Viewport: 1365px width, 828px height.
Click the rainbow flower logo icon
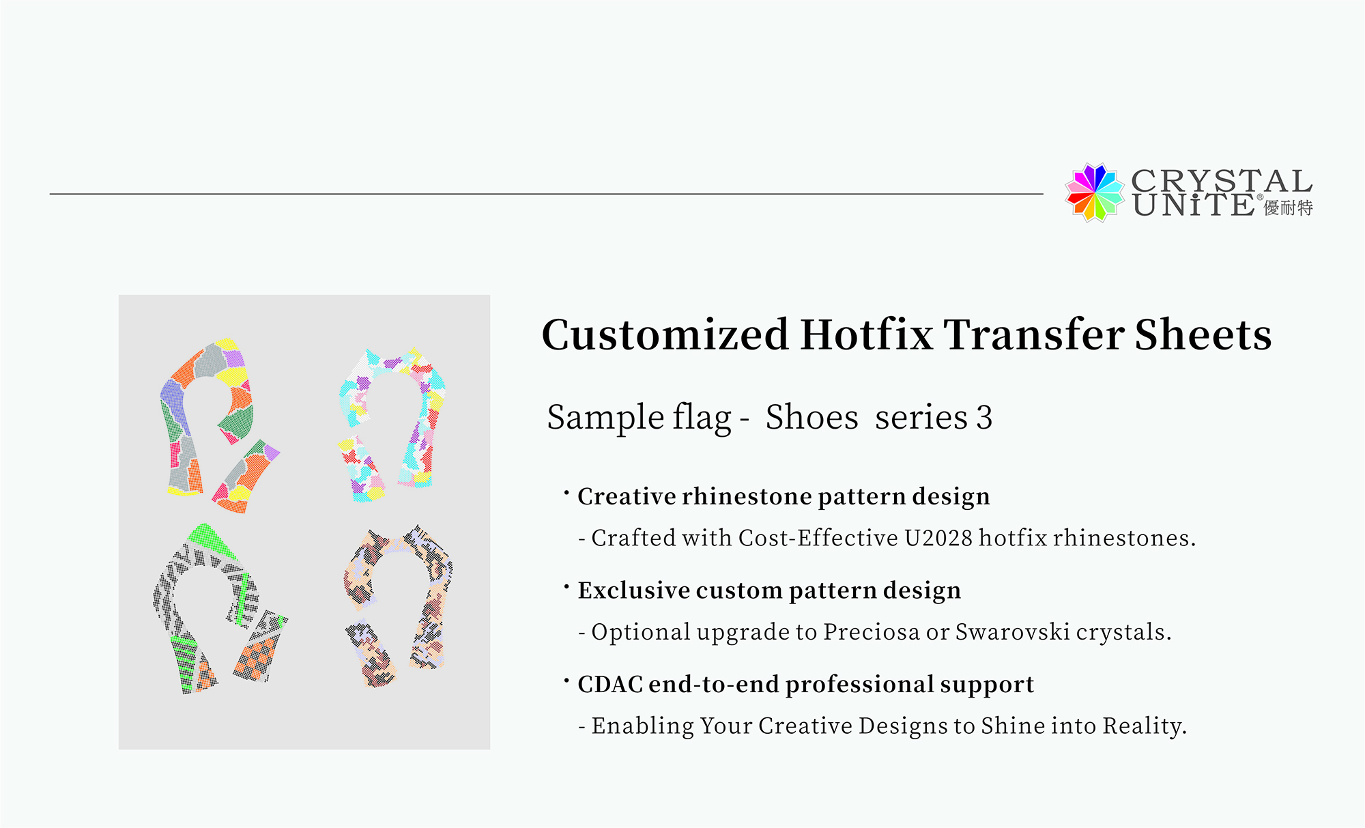(x=1094, y=192)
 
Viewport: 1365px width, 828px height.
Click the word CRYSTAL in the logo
(x=1222, y=182)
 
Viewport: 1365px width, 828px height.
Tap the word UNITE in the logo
(x=1193, y=205)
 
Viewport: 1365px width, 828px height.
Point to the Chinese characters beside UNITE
(x=1289, y=208)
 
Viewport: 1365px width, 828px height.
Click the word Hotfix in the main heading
(x=867, y=334)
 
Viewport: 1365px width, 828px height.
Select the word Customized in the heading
(x=665, y=334)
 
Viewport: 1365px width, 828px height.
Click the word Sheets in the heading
(x=1203, y=334)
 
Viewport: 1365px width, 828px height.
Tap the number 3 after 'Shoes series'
(x=984, y=418)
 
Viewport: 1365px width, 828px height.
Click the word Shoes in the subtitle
(x=811, y=417)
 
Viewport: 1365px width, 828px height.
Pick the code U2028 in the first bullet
(x=938, y=538)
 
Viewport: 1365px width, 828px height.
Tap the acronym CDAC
(x=610, y=685)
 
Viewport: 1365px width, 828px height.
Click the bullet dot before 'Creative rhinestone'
(x=566, y=491)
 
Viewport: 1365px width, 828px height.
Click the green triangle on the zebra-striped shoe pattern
(x=212, y=541)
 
